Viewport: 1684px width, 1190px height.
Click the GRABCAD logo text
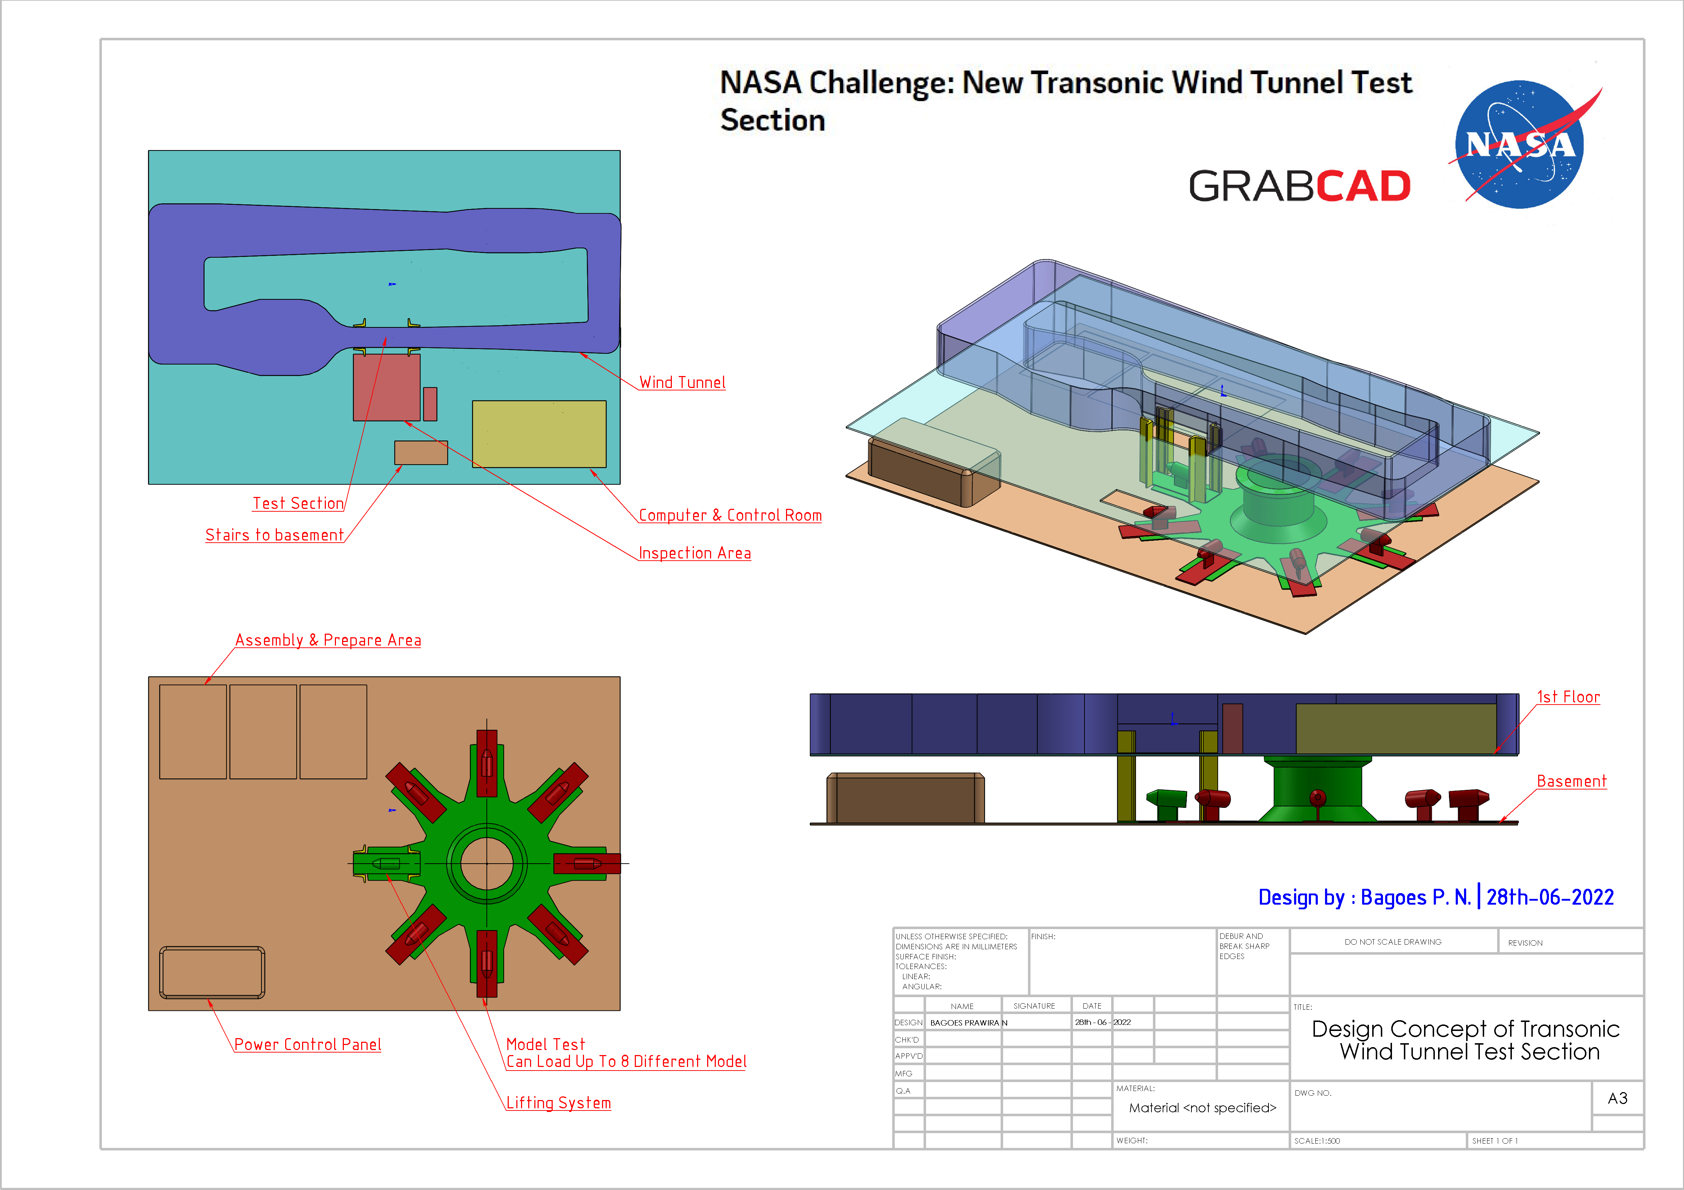[x=1299, y=186]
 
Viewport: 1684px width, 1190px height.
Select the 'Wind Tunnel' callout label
[x=682, y=382]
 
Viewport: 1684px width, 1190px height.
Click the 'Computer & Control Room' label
[x=730, y=515]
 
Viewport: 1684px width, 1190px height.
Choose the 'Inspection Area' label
[x=695, y=553]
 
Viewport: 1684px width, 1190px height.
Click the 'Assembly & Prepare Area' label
[x=328, y=640]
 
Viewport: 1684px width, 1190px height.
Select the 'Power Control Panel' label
[x=307, y=1044]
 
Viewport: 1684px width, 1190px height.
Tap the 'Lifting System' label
[x=558, y=1103]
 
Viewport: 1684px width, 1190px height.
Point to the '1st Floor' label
[x=1568, y=697]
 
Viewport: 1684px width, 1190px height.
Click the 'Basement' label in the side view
[x=1571, y=781]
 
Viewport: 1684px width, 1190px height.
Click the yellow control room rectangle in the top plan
[x=539, y=434]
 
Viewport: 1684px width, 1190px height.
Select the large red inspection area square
[x=387, y=387]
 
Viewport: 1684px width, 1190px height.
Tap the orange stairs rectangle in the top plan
[x=421, y=452]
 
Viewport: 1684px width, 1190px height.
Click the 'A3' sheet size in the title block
[x=1617, y=1098]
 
